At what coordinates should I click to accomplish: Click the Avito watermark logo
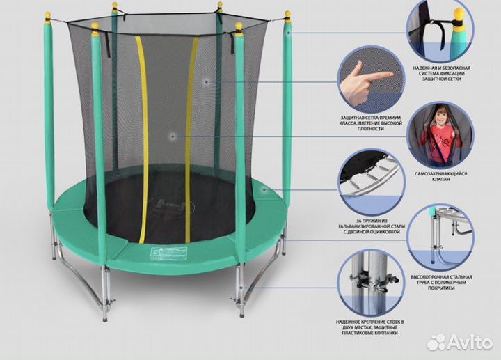(460, 342)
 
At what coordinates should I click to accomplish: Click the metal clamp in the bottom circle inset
(374, 281)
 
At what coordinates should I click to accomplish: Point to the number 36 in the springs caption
(360, 221)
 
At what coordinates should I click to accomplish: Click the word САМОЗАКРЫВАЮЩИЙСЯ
(441, 174)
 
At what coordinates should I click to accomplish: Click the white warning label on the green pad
(168, 253)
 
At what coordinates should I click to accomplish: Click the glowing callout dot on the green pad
(264, 189)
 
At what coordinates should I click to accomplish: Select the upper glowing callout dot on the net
(207, 82)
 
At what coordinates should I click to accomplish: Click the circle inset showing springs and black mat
(372, 182)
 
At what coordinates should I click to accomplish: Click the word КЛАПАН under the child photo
(441, 180)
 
